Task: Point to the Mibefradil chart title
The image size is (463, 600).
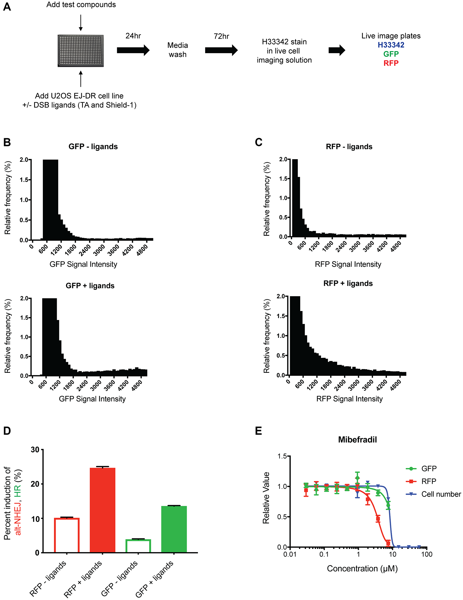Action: [357, 440]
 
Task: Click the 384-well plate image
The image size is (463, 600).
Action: [81, 50]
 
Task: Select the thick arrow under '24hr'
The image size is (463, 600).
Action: [133, 50]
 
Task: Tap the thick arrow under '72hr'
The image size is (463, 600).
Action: [221, 50]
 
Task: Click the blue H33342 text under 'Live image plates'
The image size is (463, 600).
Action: [391, 45]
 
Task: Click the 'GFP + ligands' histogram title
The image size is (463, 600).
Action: [90, 286]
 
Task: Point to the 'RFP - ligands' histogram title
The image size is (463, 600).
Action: [349, 146]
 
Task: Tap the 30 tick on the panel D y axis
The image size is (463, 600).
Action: [35, 450]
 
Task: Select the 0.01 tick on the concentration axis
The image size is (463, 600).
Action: [290, 554]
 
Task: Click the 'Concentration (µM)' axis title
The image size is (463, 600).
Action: [362, 568]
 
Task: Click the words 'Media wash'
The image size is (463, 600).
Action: [178, 50]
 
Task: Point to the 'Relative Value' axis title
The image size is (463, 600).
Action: [266, 498]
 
